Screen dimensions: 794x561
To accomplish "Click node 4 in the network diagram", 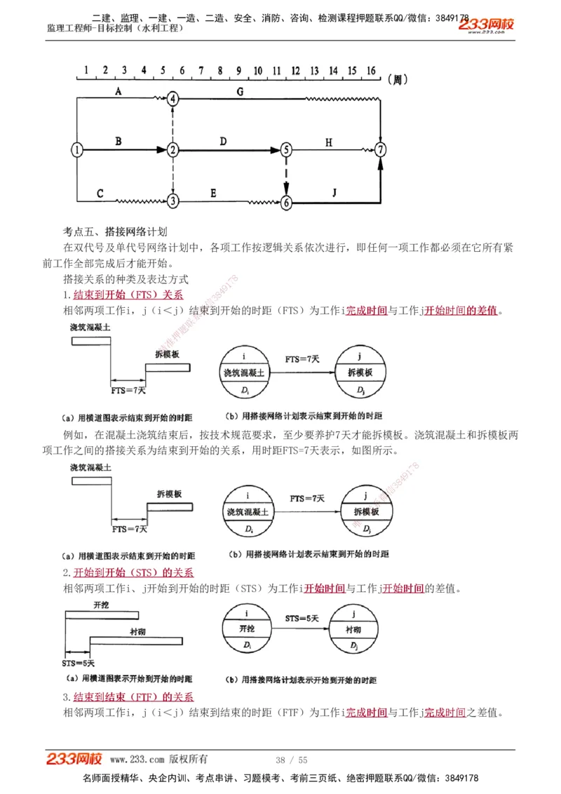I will (173, 99).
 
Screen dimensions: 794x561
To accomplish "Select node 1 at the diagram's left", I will (77, 149).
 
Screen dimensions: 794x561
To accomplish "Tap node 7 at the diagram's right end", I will (380, 149).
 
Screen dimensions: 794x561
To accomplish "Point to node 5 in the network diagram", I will (285, 149).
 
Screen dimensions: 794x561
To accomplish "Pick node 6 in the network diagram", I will (285, 202).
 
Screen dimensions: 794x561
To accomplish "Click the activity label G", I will (240, 91).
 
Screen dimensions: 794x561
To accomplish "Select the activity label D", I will (223, 142).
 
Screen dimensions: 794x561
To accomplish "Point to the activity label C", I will (100, 193).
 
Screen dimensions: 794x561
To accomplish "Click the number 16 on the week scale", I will (371, 71).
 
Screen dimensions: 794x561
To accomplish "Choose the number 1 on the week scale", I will (86, 71).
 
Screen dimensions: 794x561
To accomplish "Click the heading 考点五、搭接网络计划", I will (115, 231).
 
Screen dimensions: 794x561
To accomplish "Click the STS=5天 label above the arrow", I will (302, 619).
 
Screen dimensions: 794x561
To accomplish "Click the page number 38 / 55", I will (292, 760).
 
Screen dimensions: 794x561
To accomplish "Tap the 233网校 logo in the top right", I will (487, 25).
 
